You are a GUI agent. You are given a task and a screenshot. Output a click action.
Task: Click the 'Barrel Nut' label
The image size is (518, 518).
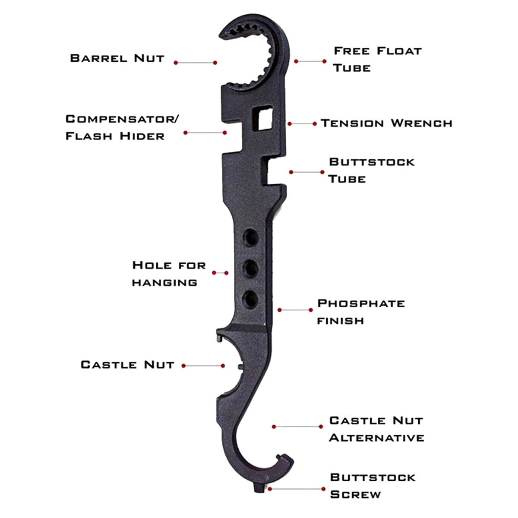[x=117, y=58]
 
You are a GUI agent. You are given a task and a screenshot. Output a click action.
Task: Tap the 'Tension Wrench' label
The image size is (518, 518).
[x=386, y=123]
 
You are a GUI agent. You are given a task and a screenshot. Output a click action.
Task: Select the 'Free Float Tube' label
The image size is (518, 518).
[x=377, y=59]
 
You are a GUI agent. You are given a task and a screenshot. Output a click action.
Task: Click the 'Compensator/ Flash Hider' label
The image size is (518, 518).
[x=121, y=127]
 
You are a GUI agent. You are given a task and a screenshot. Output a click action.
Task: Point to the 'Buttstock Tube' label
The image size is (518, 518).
[x=372, y=171]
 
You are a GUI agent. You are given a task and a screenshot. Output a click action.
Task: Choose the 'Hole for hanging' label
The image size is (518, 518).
[x=169, y=274]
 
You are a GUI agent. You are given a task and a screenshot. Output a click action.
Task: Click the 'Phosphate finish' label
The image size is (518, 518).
[x=361, y=312]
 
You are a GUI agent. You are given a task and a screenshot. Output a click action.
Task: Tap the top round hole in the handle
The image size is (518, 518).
[x=250, y=237]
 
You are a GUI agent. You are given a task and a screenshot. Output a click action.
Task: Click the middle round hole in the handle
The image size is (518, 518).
[x=250, y=268]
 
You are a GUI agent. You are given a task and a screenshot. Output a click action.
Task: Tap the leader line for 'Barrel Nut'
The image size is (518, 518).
[x=196, y=63]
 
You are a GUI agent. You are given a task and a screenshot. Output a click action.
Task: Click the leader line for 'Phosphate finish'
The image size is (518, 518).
[x=295, y=310]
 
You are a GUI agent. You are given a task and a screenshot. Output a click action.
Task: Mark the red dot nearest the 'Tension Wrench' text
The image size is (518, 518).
[x=315, y=123]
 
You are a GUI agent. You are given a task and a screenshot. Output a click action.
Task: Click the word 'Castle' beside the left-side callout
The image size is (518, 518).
[x=109, y=365]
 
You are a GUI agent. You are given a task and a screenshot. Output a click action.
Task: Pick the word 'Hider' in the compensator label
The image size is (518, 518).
[x=142, y=136]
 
